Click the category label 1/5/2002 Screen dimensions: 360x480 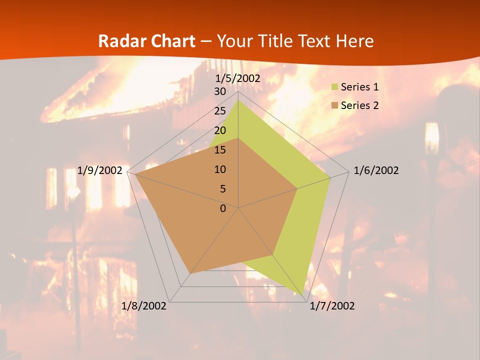tap(238, 78)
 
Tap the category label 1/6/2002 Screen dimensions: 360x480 tap(376, 170)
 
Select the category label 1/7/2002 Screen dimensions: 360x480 tap(332, 306)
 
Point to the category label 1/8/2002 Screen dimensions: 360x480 tap(144, 306)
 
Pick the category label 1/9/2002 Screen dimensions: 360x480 tap(100, 170)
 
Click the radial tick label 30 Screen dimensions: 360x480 tap(220, 91)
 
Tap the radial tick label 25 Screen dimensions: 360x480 tap(220, 111)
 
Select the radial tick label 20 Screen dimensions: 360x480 tap(220, 130)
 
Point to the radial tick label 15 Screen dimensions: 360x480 tap(220, 150)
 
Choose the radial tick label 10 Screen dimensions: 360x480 tap(220, 169)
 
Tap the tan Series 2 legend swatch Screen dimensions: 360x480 tap(335, 105)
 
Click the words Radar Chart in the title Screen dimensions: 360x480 tap(146, 41)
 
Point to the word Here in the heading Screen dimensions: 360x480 tap(354, 41)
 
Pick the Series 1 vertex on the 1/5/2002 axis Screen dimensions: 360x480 tap(238, 100)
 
